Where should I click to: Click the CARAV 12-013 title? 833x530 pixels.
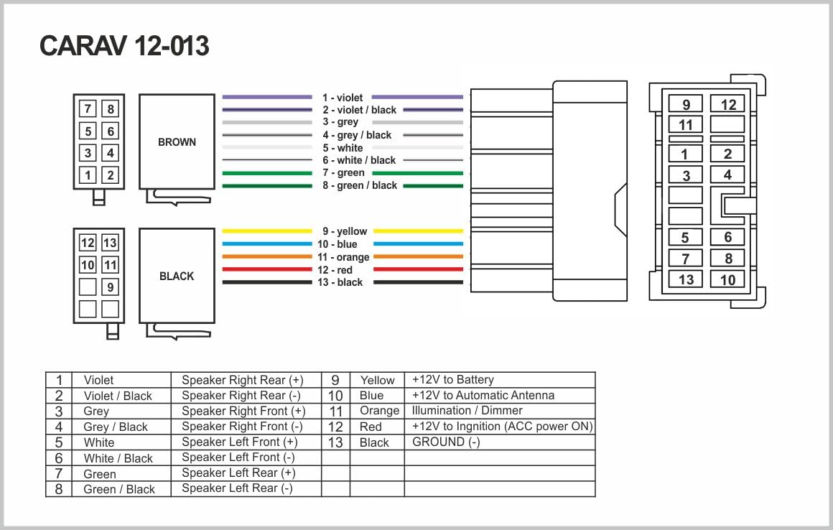124,46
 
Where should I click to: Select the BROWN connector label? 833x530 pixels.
177,141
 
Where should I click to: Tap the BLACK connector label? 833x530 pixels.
177,276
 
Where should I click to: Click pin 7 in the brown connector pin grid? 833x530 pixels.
88,109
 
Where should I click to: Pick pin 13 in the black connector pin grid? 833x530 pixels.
110,243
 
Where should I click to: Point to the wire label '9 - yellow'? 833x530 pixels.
345,231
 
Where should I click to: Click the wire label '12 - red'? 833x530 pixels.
335,270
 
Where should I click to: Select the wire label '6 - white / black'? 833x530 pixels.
359,160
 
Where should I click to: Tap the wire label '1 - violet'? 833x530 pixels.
343,98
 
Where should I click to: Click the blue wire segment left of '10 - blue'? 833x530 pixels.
267,243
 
